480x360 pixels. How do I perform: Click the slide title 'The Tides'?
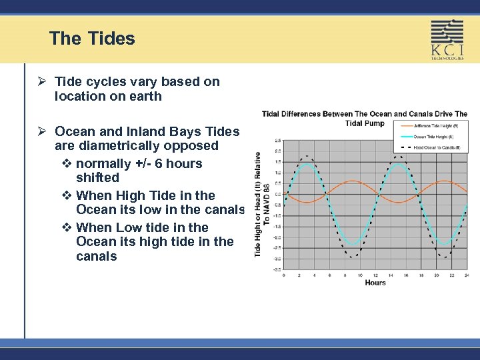coord(92,39)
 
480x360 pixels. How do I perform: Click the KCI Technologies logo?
coord(447,40)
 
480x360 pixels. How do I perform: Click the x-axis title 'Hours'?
coord(375,283)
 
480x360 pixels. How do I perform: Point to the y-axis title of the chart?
coord(262,203)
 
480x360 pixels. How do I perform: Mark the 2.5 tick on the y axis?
coord(277,141)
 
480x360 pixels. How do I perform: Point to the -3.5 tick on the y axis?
coord(277,269)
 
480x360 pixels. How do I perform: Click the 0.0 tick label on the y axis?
coord(277,194)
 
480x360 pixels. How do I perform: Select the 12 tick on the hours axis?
coord(375,275)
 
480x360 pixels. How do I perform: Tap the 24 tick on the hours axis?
coord(467,275)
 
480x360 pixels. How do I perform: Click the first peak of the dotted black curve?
coord(307,156)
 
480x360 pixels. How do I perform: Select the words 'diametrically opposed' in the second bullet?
coord(148,145)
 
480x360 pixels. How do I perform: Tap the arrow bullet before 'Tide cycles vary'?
coord(42,82)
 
